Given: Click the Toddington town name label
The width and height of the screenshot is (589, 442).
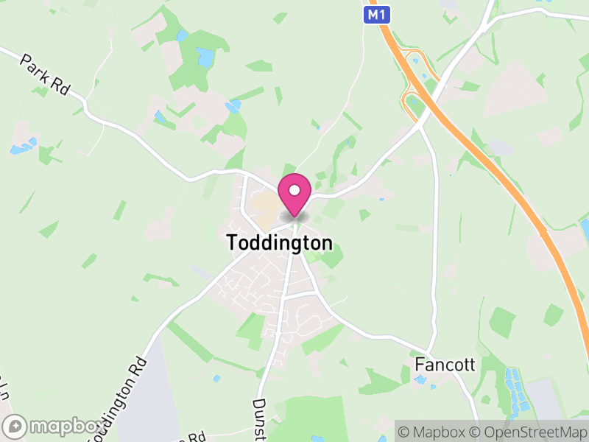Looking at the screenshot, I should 279,242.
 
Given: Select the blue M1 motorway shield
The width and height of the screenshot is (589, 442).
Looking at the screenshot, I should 375,13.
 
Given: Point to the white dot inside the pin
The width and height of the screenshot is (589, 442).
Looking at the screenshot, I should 294,191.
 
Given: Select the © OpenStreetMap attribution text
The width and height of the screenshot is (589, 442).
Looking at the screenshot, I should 527,431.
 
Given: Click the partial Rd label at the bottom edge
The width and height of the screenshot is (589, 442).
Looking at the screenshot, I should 194,435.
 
